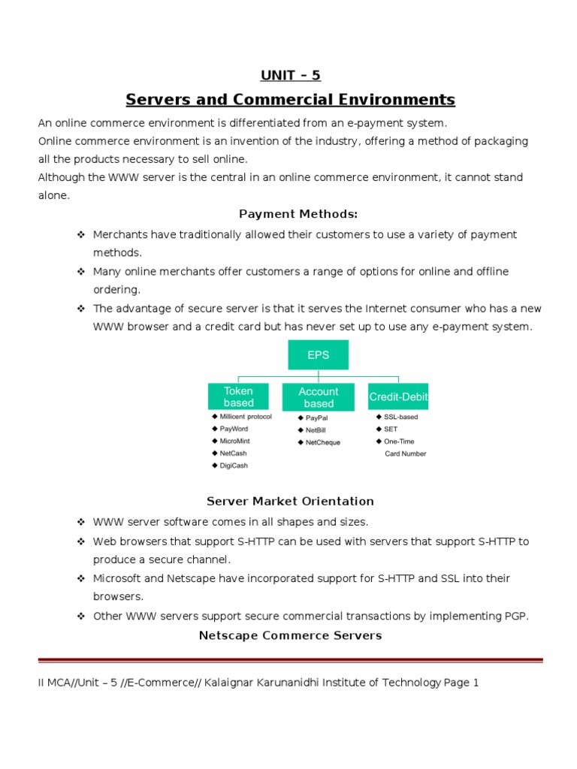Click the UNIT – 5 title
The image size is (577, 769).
290,74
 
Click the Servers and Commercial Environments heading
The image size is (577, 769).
290,99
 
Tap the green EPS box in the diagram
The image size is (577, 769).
318,355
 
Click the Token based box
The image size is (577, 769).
238,397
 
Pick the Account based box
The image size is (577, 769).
318,397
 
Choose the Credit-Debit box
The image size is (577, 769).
398,397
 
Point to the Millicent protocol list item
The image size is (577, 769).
246,417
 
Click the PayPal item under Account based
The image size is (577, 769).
317,418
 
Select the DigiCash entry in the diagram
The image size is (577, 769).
234,466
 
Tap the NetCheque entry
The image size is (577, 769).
322,442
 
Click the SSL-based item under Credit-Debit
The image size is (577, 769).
400,417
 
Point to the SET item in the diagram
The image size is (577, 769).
391,429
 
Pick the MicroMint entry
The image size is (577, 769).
236,441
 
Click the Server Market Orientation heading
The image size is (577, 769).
290,501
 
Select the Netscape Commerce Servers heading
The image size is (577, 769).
290,635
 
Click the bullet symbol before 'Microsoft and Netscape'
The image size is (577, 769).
80,578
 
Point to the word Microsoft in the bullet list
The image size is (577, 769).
117,578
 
